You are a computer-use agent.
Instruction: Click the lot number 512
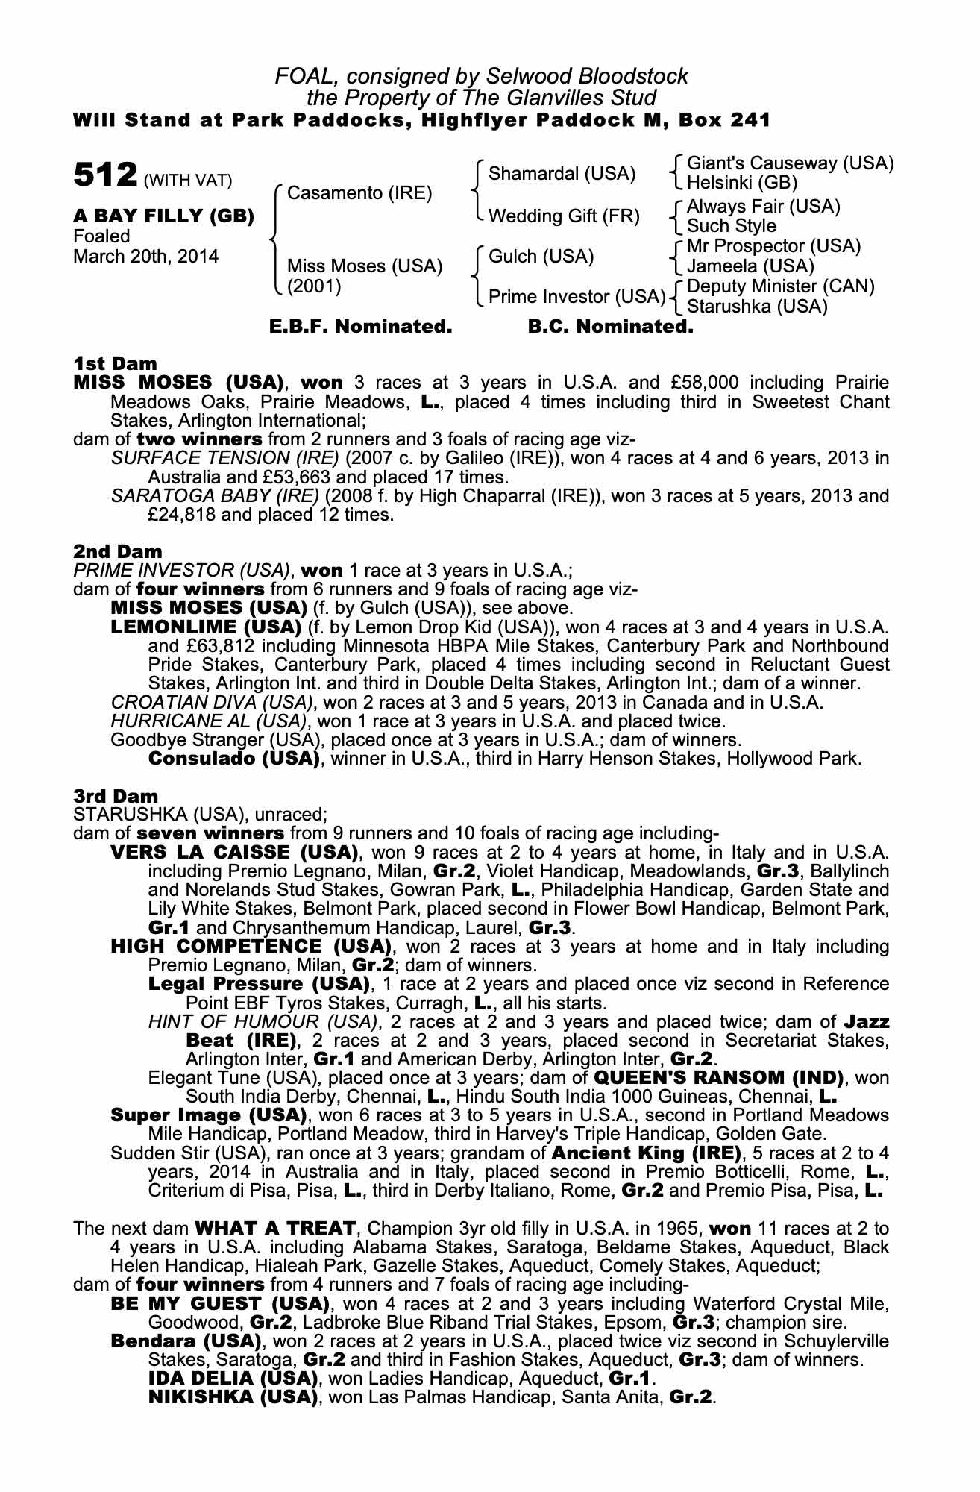(104, 176)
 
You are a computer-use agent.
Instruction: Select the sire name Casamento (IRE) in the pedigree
(359, 193)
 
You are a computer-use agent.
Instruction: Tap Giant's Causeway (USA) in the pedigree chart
(790, 163)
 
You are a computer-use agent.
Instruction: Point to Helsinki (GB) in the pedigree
(741, 183)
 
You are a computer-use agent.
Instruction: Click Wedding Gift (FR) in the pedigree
(564, 216)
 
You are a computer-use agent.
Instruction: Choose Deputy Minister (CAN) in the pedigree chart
(780, 286)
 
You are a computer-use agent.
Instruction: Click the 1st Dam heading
(115, 363)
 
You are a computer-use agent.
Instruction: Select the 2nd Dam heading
(117, 551)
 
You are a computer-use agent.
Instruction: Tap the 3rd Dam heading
(116, 796)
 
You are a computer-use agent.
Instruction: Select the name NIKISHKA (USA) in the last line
(233, 1397)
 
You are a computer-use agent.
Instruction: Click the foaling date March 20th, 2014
(145, 257)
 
